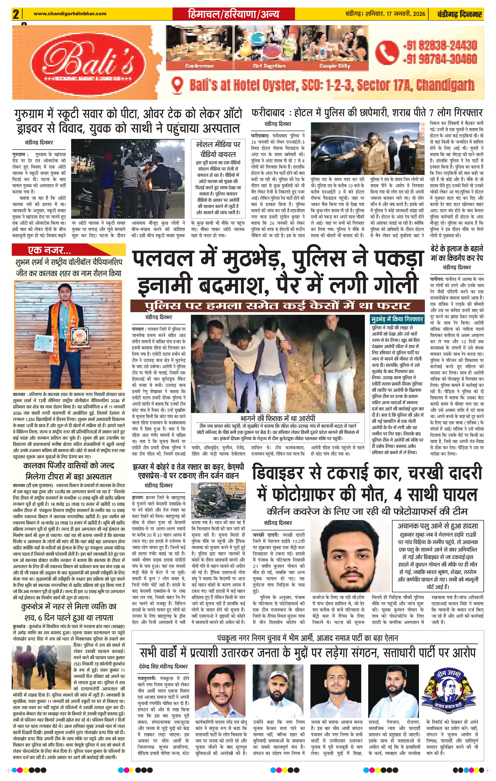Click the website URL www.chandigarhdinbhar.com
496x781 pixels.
(x=70, y=14)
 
